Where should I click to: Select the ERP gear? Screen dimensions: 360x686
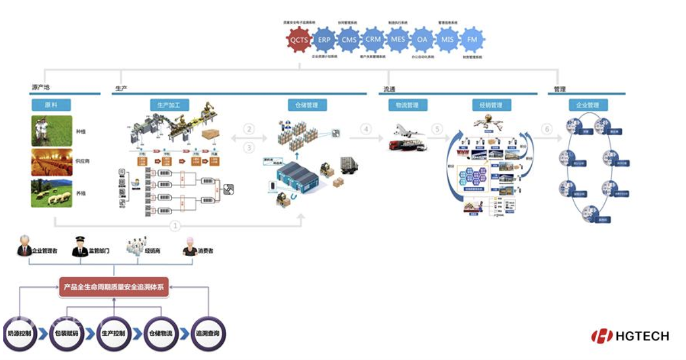[325, 40]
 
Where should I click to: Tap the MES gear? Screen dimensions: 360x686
[398, 40]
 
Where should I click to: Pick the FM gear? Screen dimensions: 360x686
[472, 40]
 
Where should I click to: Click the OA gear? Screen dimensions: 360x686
[423, 40]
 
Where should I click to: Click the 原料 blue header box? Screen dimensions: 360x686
[51, 105]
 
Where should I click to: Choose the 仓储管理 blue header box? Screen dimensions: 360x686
[307, 105]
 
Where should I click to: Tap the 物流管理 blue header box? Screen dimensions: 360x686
[407, 105]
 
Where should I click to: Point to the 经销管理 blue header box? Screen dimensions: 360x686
[491, 105]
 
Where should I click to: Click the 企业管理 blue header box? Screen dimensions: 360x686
[588, 105]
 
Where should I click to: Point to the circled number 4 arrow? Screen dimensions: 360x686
[366, 129]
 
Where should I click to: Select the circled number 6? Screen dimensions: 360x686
[547, 129]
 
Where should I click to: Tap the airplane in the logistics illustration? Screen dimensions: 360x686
[407, 131]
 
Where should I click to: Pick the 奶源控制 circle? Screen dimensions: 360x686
[20, 333]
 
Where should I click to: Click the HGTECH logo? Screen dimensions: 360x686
[630, 335]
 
